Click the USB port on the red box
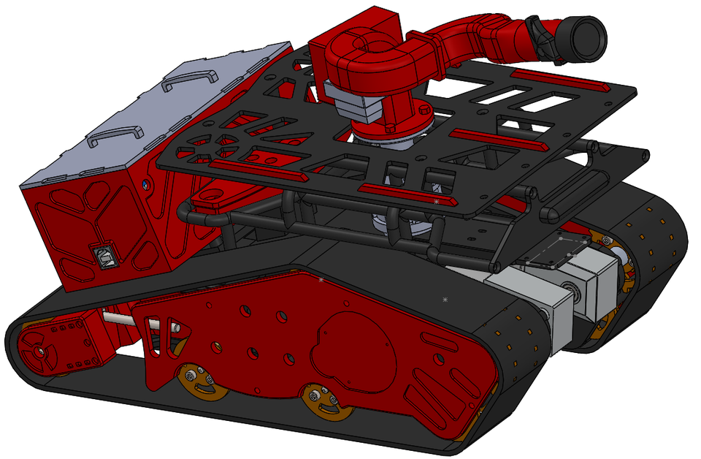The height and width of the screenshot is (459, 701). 98,255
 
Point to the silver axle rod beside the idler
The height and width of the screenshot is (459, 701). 120,319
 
